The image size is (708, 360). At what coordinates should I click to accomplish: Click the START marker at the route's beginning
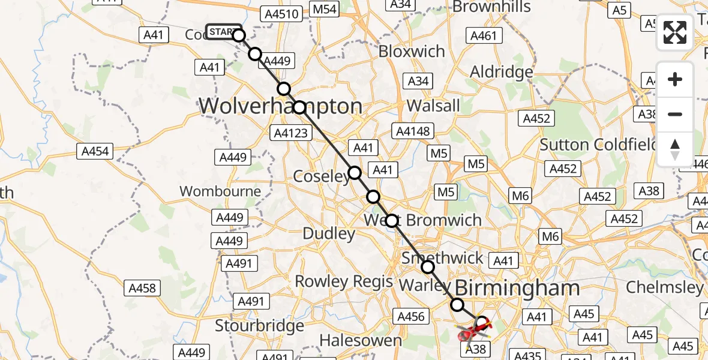coord(223,32)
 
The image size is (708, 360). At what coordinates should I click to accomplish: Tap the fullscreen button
coord(675,32)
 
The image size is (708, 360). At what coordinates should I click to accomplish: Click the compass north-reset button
coord(675,149)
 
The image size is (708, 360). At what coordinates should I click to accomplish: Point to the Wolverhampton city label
coord(280,106)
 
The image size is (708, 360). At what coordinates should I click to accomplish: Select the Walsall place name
coord(433,106)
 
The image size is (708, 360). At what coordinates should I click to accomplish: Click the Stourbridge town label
coord(260,326)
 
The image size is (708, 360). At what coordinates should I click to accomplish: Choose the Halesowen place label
coord(361,340)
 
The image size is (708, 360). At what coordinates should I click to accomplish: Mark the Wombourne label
coord(220,191)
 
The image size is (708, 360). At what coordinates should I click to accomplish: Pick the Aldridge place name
coord(502,72)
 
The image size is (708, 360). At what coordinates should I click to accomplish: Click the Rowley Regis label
coord(344,281)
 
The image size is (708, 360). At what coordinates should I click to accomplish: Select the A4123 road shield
coord(290,133)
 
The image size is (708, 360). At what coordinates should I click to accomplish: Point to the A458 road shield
coord(143,288)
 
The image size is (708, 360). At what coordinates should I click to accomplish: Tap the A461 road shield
coord(484,35)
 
